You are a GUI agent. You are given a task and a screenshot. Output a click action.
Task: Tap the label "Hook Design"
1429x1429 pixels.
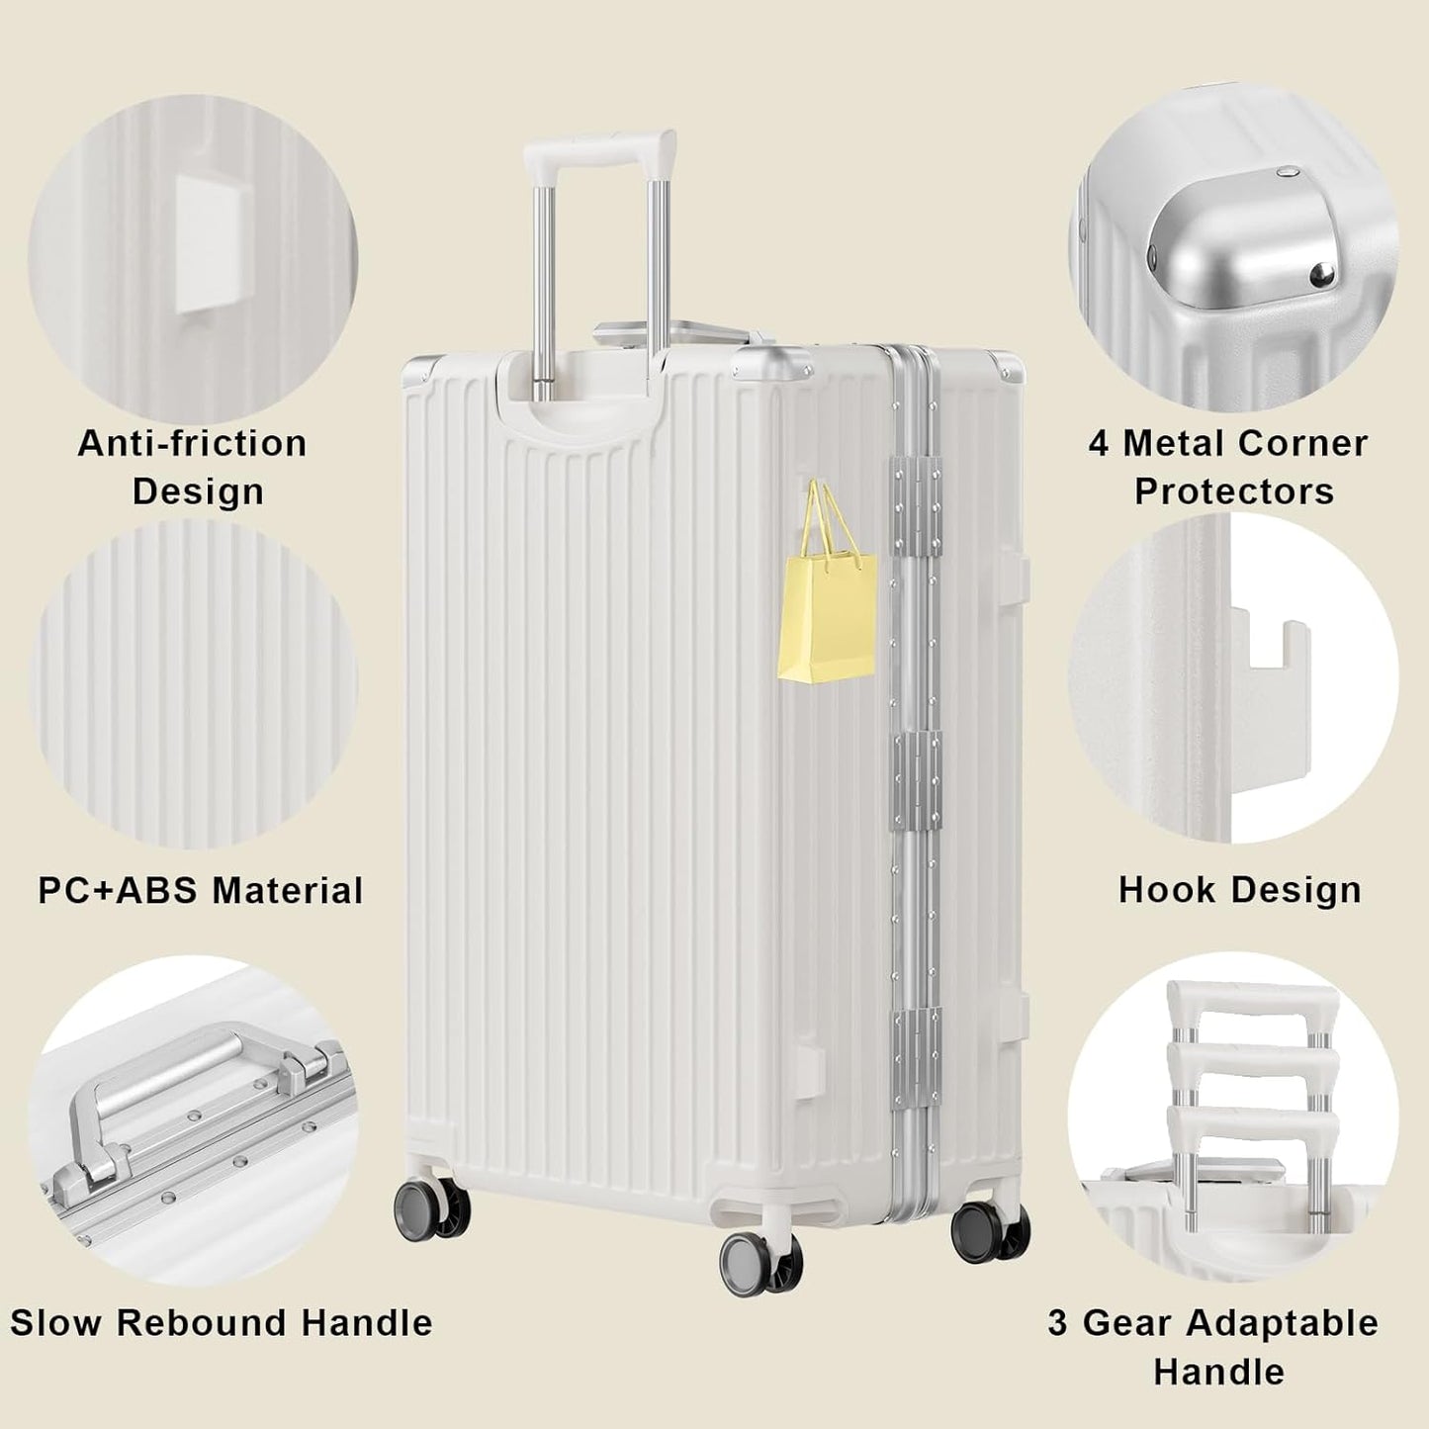1239,890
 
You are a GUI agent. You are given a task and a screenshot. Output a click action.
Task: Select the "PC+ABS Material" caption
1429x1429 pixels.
201,891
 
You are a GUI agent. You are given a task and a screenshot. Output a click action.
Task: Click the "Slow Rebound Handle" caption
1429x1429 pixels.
222,1323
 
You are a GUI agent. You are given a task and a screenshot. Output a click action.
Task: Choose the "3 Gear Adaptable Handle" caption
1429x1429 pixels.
1214,1347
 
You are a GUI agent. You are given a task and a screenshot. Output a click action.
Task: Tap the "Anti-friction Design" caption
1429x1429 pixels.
194,467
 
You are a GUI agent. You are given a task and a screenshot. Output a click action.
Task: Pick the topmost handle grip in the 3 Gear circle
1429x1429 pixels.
1252,1006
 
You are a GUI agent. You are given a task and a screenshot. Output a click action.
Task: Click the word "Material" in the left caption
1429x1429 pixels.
288,891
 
